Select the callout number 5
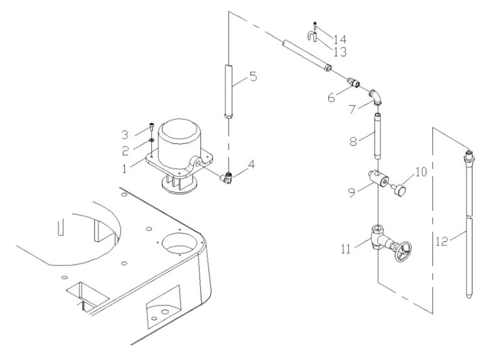[253, 77]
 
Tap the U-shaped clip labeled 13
[311, 37]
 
